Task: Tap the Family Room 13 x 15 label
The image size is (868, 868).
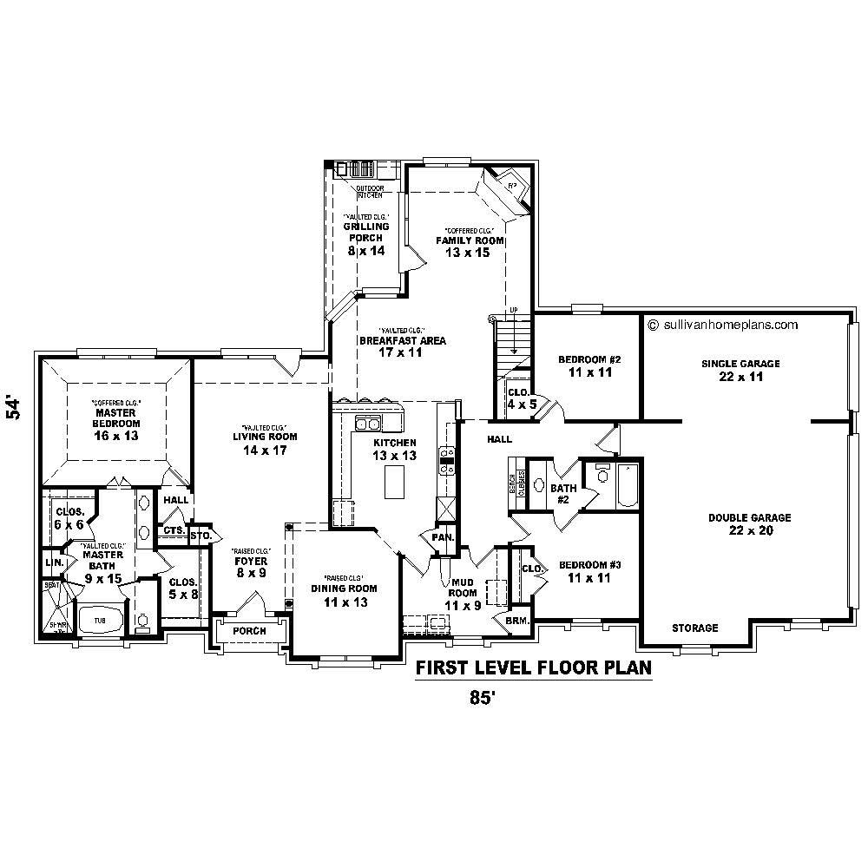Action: [470, 240]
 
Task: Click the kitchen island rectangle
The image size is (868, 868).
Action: [395, 481]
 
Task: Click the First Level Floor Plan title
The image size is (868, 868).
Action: [533, 668]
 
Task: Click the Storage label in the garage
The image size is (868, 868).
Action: [694, 628]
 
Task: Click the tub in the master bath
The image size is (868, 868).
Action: [95, 621]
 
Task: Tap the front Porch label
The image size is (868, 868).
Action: [249, 631]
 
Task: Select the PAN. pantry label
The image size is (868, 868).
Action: [440, 538]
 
